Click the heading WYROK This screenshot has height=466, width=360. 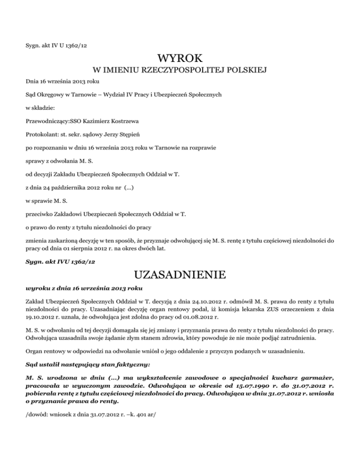coord(180,60)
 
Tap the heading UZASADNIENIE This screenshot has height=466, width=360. coord(180,273)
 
